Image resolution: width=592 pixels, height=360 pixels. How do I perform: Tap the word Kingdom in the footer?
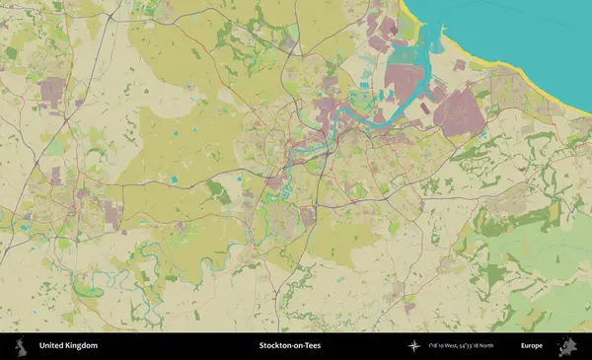(x=82, y=346)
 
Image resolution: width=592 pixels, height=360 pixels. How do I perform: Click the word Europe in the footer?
(x=532, y=346)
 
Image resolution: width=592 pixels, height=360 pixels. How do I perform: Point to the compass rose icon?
(x=413, y=346)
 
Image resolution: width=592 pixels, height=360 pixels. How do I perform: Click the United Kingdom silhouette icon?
(x=20, y=346)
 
